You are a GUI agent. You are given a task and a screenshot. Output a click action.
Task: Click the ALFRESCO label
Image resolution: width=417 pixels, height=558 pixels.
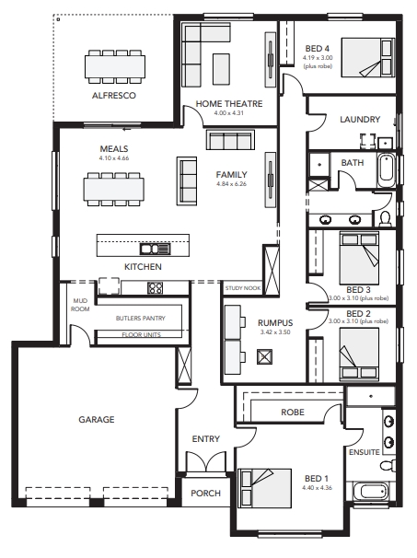coord(114,96)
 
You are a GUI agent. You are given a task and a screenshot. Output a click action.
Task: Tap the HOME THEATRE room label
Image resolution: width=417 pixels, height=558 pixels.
coord(229,103)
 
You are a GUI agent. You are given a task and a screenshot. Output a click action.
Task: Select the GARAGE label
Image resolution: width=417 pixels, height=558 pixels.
coord(97,420)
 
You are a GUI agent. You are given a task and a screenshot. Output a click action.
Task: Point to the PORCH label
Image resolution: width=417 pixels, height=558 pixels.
coord(205,493)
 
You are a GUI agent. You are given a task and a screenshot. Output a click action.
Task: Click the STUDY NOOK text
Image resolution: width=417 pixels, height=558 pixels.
coord(243,288)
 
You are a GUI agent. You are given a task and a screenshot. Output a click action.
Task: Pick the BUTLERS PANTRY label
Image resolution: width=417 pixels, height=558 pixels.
coord(141,318)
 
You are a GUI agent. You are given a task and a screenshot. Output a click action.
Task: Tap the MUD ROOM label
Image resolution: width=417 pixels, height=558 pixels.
coord(80,305)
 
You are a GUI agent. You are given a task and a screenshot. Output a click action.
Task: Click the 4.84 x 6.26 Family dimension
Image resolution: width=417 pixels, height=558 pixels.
coord(231,184)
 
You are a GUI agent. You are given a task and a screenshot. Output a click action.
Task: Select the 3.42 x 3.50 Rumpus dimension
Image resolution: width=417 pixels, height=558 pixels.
coord(275,332)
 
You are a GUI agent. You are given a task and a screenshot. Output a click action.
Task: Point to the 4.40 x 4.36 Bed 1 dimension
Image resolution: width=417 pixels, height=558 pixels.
coord(317,487)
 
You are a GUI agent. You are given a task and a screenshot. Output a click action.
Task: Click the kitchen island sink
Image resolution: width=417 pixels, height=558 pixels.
coord(156,249)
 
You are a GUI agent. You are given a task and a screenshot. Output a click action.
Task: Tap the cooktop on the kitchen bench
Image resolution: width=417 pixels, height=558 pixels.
coord(156,287)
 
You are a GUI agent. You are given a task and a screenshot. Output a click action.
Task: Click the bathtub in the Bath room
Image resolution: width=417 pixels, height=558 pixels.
coord(386,171)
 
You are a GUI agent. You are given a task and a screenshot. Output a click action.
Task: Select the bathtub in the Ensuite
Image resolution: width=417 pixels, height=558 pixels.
coord(372,492)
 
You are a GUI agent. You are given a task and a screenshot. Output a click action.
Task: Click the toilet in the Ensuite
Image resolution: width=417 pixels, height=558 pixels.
coord(388,465)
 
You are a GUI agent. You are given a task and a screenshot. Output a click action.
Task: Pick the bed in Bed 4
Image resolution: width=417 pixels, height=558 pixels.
coord(368,57)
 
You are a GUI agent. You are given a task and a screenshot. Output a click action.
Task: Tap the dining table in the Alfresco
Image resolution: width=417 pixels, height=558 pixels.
coord(115,66)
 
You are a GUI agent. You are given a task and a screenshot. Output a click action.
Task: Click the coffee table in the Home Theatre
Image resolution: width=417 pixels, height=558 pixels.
coord(221,69)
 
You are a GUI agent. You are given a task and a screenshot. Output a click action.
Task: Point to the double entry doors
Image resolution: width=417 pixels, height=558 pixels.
coord(206,462)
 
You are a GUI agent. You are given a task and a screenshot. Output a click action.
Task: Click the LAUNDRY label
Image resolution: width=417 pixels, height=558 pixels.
coord(360,119)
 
